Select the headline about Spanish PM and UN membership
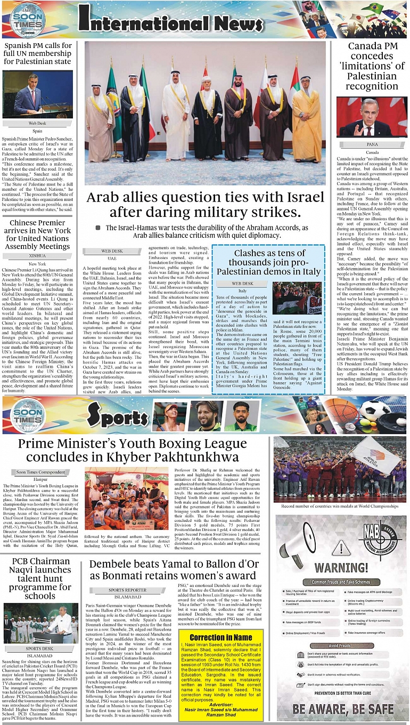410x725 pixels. click(x=37, y=53)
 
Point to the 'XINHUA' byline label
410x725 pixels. click(x=37, y=255)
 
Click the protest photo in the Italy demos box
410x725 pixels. click(x=297, y=298)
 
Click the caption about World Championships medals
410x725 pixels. click(x=340, y=506)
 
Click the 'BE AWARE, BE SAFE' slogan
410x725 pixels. click(x=342, y=710)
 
